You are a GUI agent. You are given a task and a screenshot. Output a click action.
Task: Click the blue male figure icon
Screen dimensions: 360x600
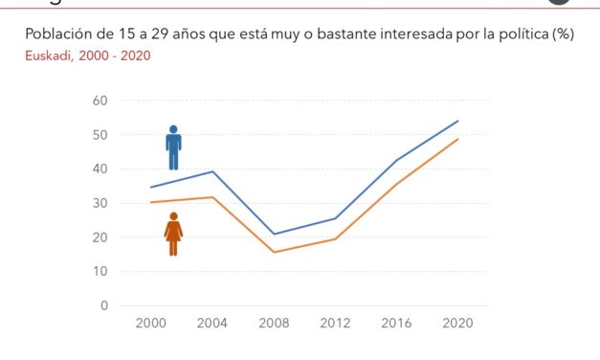coord(173,147)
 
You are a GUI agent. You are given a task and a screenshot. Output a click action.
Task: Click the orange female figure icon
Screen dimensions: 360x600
coord(173,234)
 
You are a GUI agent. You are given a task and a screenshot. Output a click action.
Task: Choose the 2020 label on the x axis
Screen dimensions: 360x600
coord(458,325)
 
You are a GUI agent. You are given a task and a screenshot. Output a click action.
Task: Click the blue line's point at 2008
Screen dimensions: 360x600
coord(275,234)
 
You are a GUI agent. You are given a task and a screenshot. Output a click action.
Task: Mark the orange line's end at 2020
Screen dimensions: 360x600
coord(458,139)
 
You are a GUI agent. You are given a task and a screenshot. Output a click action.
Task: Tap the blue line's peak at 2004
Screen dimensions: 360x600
coord(212,171)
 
